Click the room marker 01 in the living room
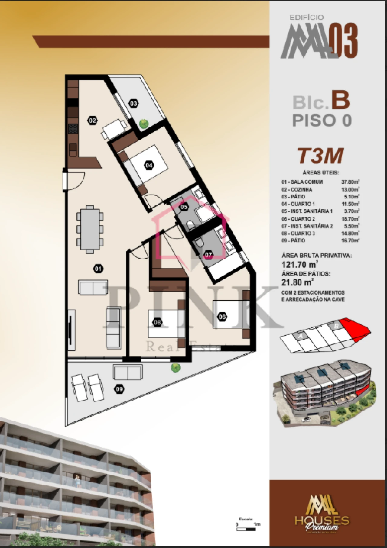[98, 268]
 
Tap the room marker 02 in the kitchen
[92, 120]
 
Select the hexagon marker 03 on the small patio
[133, 103]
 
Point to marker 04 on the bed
[149, 165]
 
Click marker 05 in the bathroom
[184, 207]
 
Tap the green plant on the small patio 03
[144, 123]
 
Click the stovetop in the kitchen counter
[73, 129]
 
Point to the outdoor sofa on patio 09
[128, 372]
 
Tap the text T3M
[320, 156]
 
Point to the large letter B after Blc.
[341, 101]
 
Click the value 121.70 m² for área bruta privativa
[299, 265]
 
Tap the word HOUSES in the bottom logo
[322, 520]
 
